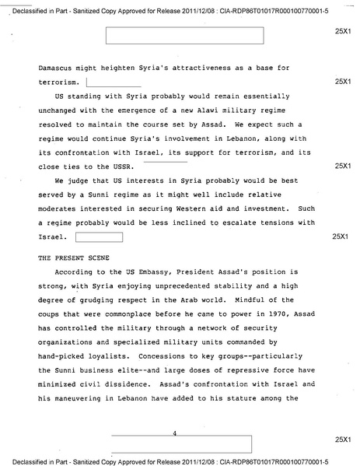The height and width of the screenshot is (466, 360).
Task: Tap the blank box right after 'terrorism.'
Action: (x=114, y=82)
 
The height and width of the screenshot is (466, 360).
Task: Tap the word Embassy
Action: (x=152, y=275)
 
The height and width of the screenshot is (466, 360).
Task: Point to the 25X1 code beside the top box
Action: (x=343, y=34)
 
